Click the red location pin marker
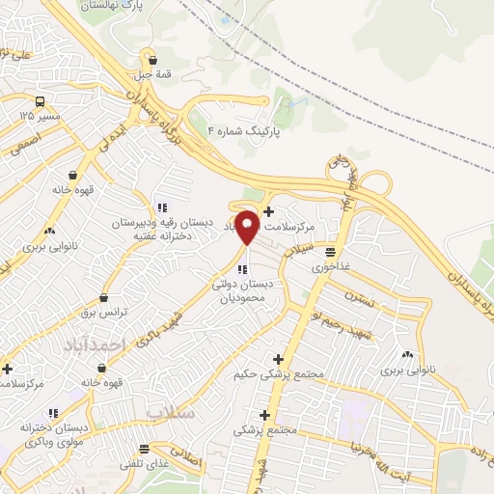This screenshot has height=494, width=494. (247, 227)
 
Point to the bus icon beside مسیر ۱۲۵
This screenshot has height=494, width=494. (40, 101)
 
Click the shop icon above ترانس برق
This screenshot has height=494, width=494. (103, 298)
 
